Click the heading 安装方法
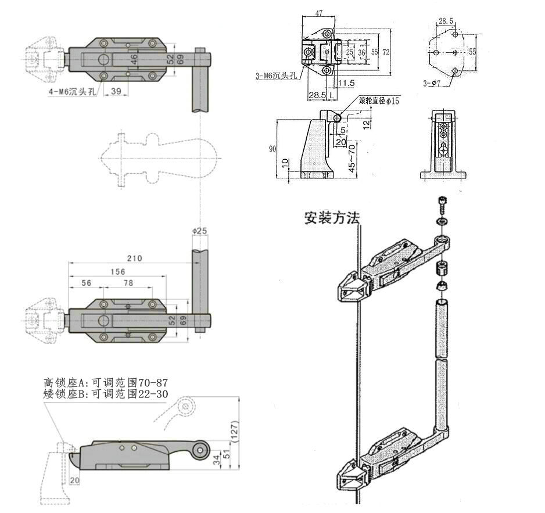point(332,218)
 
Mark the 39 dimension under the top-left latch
point(116,91)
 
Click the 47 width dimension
point(318,13)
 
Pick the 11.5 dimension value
point(346,83)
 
